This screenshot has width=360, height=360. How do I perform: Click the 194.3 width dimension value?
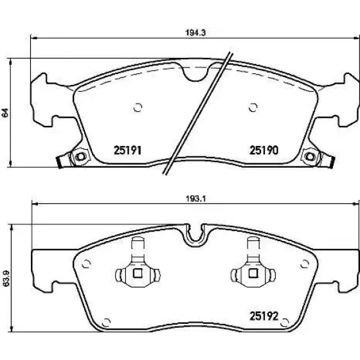pos(195,33)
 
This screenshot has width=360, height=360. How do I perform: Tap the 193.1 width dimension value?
pos(195,199)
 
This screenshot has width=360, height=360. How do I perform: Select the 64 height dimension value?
pos(5,113)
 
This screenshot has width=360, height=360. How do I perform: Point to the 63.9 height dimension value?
pos(6,278)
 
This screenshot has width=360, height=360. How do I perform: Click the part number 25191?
pos(127,150)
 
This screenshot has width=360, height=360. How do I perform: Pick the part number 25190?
pos(264,150)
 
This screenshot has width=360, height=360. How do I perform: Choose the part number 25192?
pos(264,316)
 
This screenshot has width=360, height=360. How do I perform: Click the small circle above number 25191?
pos(138,107)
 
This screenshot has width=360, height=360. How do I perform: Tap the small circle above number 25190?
pos(253,107)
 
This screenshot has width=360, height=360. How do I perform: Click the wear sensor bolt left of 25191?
pos(80,157)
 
